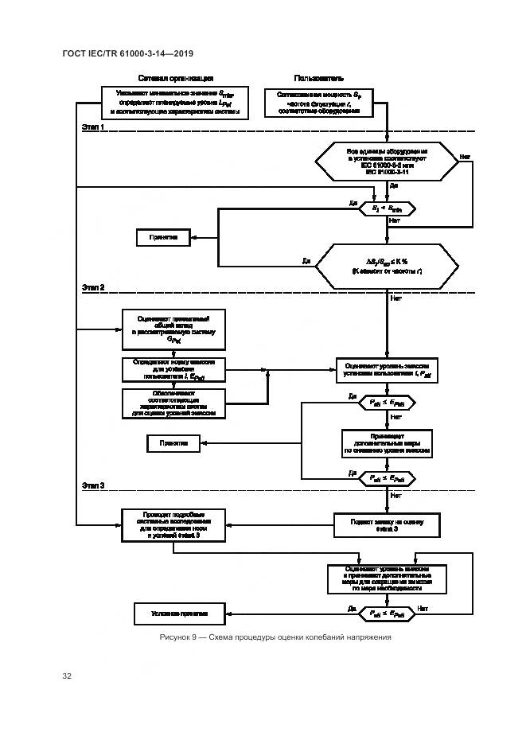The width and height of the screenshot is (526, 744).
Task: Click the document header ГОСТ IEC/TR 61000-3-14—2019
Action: (128, 53)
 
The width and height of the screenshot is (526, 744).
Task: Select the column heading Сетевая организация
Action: (175, 79)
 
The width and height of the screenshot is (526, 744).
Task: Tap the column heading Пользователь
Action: (318, 79)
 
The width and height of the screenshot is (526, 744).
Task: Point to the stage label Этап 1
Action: (93, 127)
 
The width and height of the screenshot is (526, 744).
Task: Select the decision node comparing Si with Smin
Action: (387, 208)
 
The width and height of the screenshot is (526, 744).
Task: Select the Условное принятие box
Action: (178, 614)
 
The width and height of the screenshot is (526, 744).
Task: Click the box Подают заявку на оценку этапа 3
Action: (387, 525)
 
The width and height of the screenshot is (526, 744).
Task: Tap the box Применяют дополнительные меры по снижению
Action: (387, 442)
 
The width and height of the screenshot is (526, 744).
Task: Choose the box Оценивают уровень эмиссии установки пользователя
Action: (387, 368)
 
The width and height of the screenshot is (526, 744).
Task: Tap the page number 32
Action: (67, 676)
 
